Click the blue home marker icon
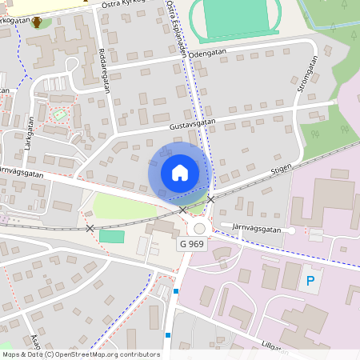pos(180,173)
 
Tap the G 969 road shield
pos(192,244)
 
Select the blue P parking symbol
pos(310,282)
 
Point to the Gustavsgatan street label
pos(193,126)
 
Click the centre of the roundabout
pos(199,228)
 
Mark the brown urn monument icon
pos(37,22)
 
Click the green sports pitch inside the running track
pos(237,16)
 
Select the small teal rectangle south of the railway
pos(112,236)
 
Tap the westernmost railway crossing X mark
pos(90,228)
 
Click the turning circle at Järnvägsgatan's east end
pos(292,230)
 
